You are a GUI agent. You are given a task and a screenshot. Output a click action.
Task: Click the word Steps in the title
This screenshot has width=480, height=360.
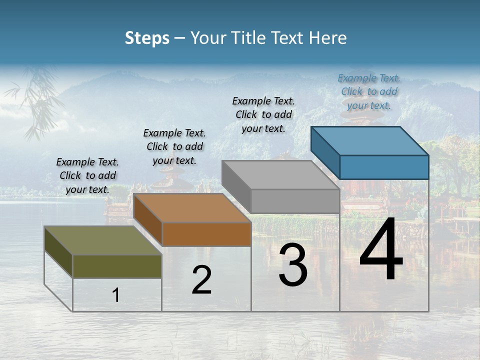click(147, 38)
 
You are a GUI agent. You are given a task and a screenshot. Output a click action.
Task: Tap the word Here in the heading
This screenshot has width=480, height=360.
click(327, 38)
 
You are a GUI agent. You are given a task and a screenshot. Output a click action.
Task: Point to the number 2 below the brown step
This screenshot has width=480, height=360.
click(201, 280)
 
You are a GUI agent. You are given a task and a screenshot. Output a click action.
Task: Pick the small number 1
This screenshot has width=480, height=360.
click(116, 295)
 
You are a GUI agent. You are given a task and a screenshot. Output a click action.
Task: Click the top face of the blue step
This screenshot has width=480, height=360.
click(369, 140)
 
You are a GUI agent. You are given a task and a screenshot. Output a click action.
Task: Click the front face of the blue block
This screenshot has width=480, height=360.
click(384, 167)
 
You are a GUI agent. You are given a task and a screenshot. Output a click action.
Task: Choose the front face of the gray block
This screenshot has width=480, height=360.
click(295, 201)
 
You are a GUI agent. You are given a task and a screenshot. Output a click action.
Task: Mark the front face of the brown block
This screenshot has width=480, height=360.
click(206, 234)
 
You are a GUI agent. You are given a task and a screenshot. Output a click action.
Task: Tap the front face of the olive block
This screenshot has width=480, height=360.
click(117, 266)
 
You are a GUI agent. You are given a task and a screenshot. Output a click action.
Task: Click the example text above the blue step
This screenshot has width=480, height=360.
click(369, 91)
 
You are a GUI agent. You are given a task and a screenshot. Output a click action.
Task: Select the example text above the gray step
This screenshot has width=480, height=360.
click(263, 114)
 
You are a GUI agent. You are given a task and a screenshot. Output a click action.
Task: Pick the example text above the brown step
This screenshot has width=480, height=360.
click(174, 146)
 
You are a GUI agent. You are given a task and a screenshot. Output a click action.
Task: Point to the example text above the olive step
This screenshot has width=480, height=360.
click(87, 175)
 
